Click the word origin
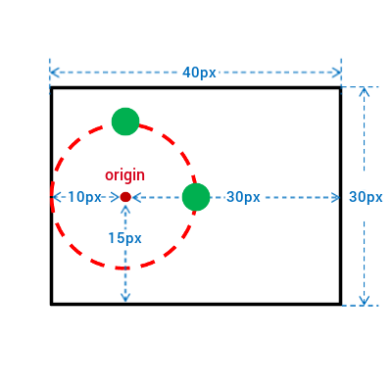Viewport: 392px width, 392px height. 124,175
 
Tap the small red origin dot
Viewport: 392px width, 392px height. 125,197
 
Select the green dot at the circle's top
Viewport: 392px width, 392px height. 125,122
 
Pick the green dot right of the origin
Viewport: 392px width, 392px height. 196,197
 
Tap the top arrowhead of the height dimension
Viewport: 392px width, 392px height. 365,88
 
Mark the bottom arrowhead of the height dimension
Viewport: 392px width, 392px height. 365,305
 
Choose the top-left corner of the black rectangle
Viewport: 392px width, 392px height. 51,88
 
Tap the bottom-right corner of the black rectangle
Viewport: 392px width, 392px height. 341,304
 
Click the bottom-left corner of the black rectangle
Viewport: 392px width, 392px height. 51,304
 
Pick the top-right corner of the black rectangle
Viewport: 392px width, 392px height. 341,88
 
